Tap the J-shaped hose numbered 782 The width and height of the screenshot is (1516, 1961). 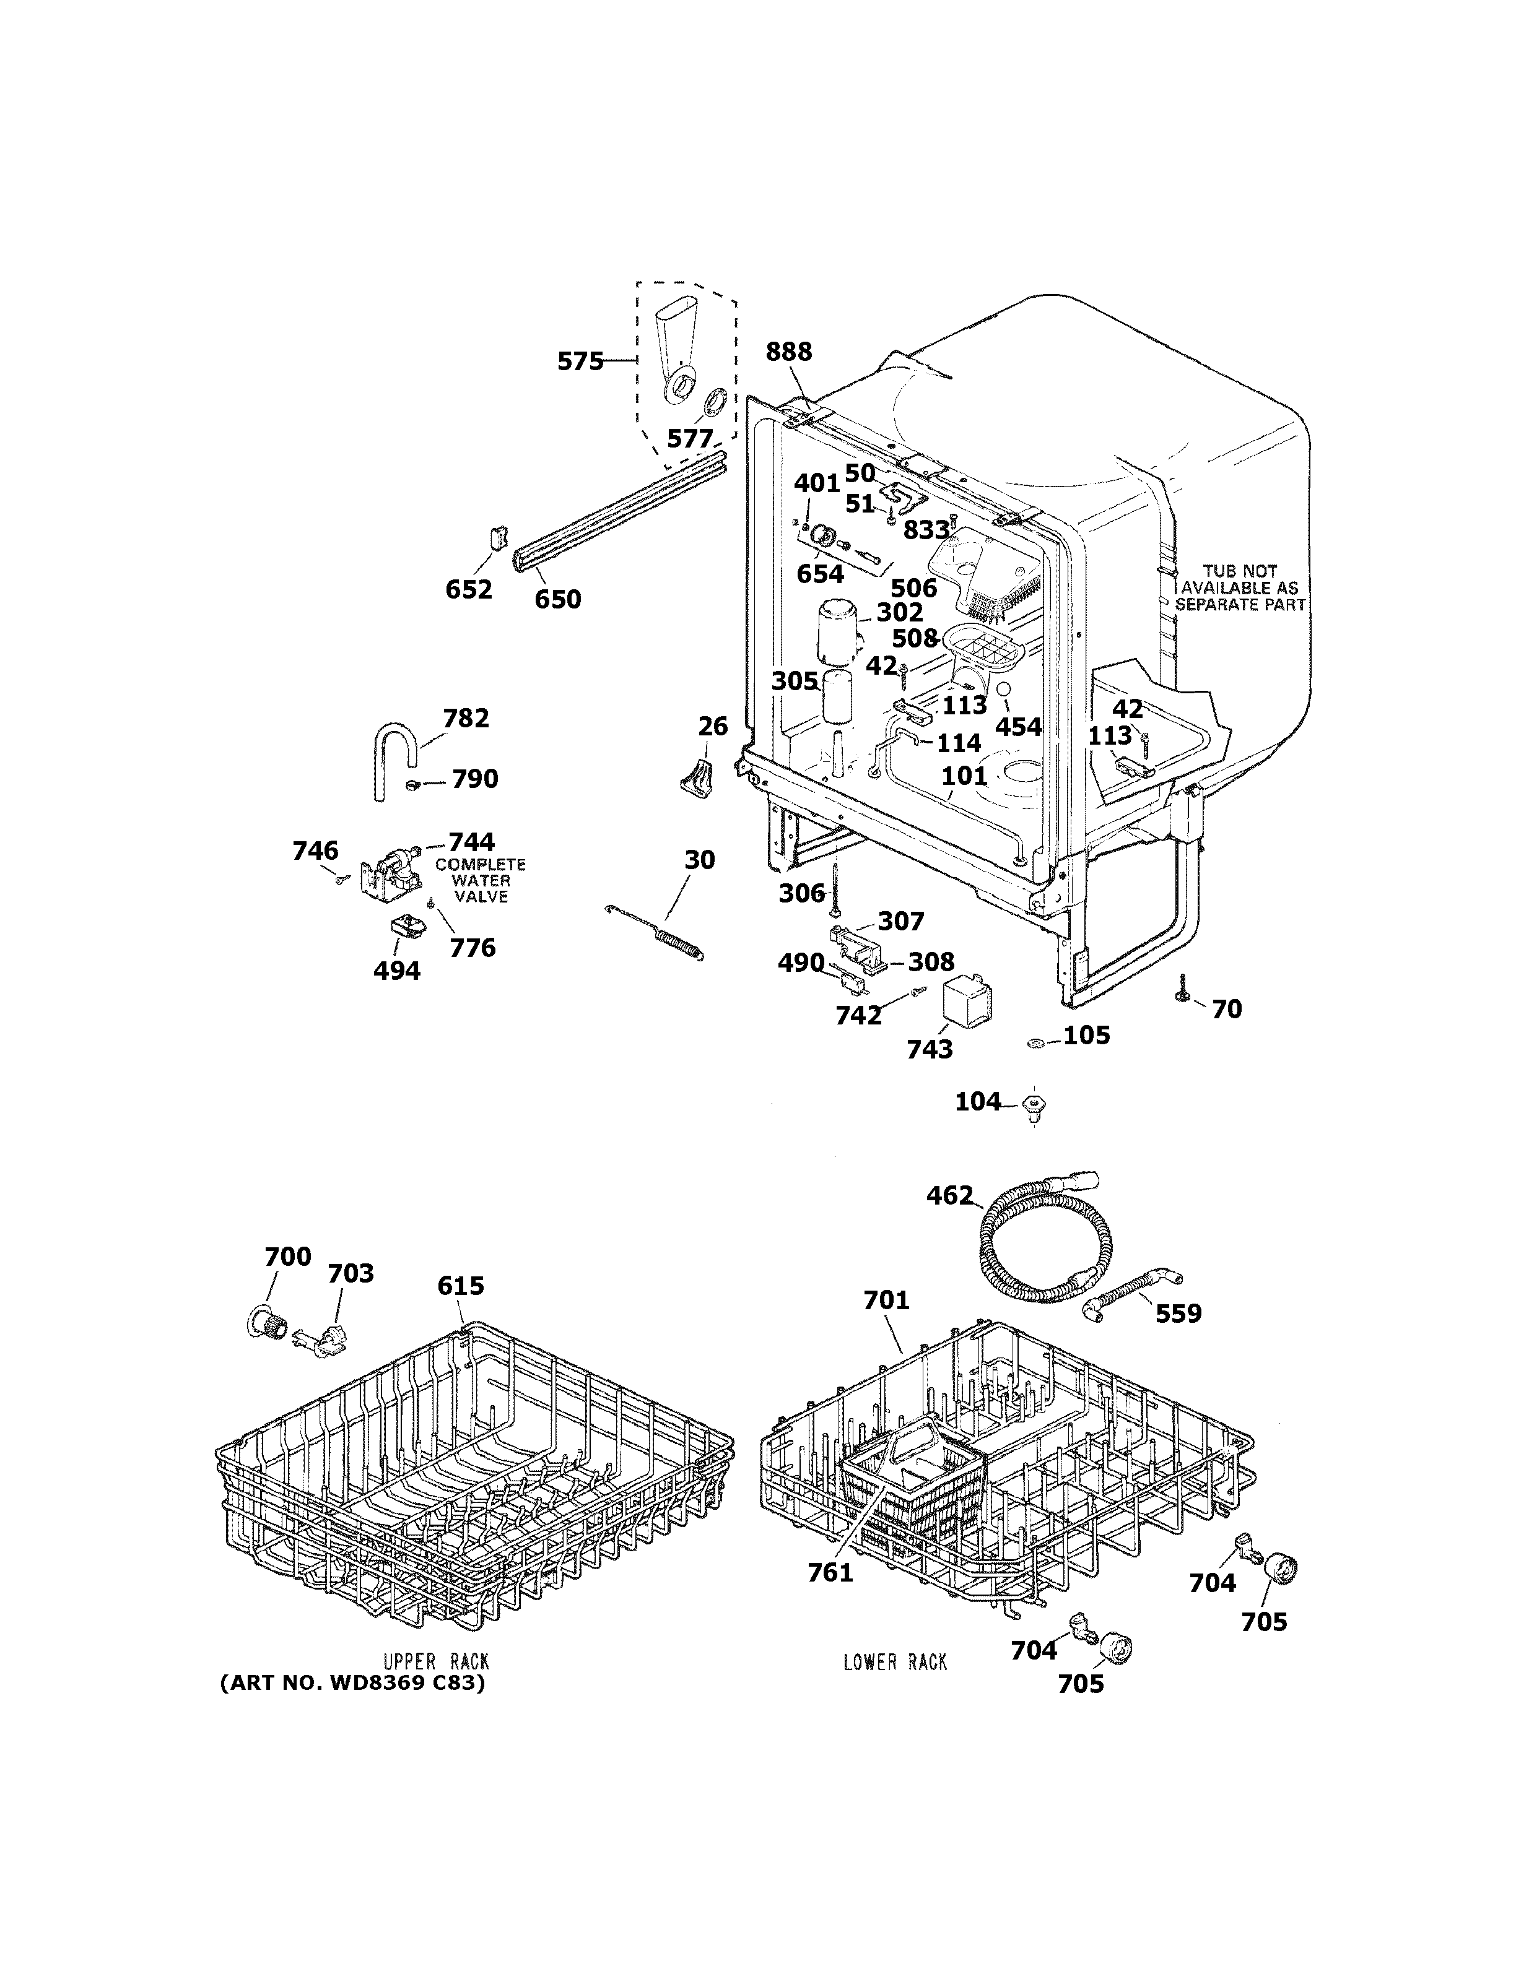point(391,753)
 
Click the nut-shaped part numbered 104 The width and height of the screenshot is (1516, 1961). point(1035,1104)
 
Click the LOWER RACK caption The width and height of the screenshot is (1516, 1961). point(894,1662)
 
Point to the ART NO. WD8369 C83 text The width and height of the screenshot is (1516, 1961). point(352,1684)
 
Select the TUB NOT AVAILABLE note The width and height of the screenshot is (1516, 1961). point(1239,587)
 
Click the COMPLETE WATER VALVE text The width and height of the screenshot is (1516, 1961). point(481,881)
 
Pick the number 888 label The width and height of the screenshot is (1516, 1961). point(788,352)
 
